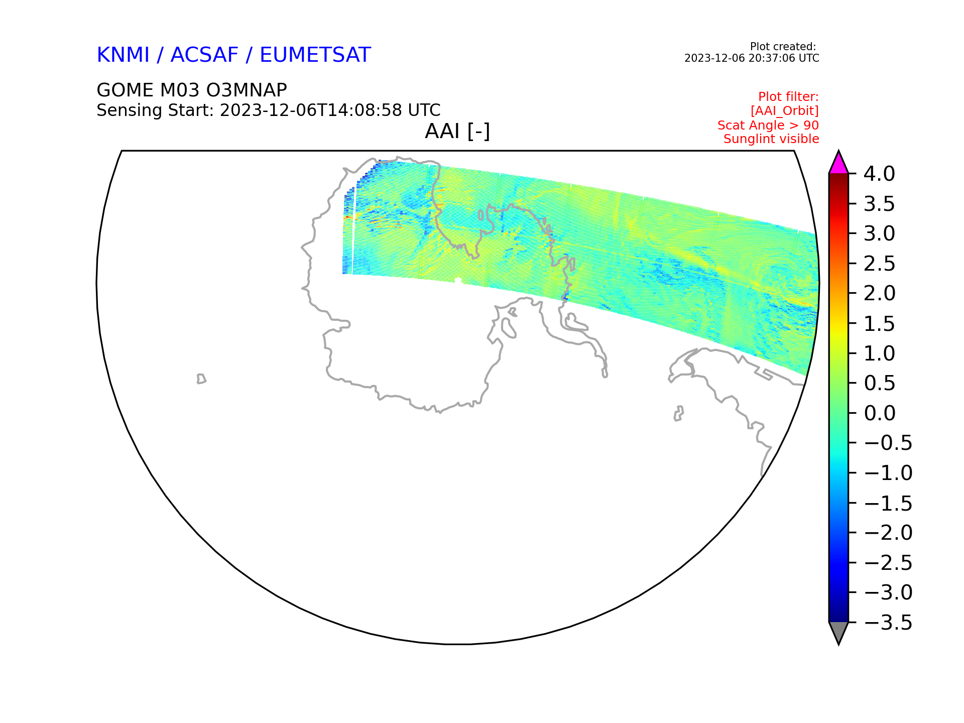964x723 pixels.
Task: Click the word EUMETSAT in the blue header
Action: point(315,55)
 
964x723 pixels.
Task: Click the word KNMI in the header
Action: point(123,55)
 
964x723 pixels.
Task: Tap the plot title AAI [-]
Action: point(457,132)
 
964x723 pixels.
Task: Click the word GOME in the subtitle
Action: point(126,90)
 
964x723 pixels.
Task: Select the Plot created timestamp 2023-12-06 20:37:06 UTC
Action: point(752,58)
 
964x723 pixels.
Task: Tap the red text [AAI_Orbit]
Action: point(785,110)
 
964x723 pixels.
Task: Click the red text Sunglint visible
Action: point(771,139)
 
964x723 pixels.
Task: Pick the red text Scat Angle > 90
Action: point(768,125)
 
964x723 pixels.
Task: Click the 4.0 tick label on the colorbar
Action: point(879,174)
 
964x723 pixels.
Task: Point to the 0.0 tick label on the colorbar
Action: point(880,413)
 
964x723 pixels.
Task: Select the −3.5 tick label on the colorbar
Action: point(888,623)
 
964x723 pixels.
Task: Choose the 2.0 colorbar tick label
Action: point(880,294)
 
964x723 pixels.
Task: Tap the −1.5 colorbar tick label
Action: point(888,503)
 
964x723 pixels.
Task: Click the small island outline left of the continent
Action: point(201,379)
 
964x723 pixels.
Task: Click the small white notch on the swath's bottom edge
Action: point(458,280)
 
